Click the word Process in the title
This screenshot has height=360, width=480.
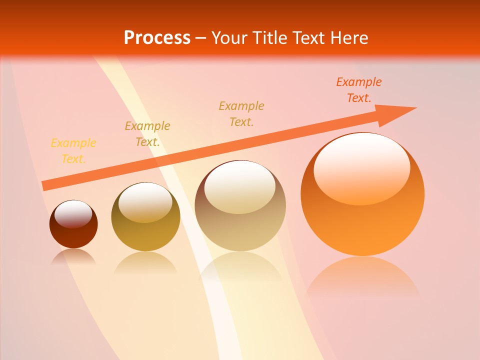157,37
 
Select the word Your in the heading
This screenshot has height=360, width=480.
229,37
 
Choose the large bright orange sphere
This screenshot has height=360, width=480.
362,225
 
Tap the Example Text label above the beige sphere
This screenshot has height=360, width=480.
241,114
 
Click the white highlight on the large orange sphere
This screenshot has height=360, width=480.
361,165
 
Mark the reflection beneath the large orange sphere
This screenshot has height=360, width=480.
362,275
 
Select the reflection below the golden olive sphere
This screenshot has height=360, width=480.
145,262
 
